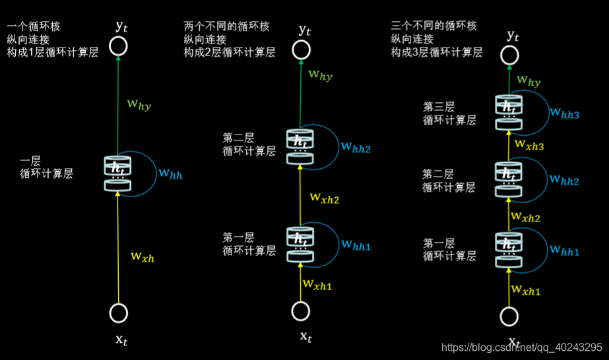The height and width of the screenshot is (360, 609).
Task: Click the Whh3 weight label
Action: point(564,114)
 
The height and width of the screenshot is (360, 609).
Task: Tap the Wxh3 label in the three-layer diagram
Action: point(530,144)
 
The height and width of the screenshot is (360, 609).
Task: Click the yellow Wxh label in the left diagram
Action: point(142,257)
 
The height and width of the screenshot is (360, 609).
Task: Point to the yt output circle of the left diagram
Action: point(119,45)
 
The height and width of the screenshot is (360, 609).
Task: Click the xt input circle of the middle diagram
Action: point(301,311)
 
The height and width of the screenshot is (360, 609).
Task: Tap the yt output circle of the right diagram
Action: point(509,55)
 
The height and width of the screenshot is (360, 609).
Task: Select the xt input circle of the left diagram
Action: point(119,313)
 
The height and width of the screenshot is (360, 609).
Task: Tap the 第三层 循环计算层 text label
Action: point(449,113)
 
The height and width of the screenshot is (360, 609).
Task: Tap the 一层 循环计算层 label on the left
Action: point(46,167)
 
